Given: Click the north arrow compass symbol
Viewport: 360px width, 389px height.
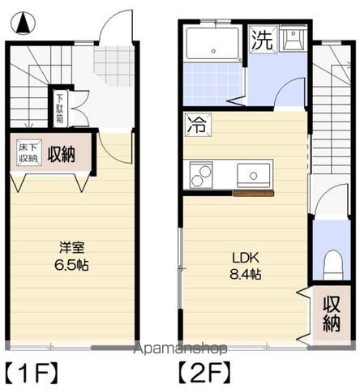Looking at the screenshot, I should (x=24, y=24).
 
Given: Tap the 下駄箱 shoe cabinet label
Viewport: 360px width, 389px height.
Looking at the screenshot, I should (x=59, y=106).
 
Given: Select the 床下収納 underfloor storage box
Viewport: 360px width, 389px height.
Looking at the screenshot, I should (x=27, y=153).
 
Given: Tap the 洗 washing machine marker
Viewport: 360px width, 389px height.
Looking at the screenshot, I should (x=261, y=40).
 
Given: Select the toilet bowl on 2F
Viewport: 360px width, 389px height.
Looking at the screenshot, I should (x=330, y=263).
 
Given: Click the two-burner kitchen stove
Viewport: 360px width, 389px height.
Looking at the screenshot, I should (x=201, y=173).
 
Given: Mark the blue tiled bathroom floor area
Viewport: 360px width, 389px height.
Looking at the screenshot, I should (x=212, y=83).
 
